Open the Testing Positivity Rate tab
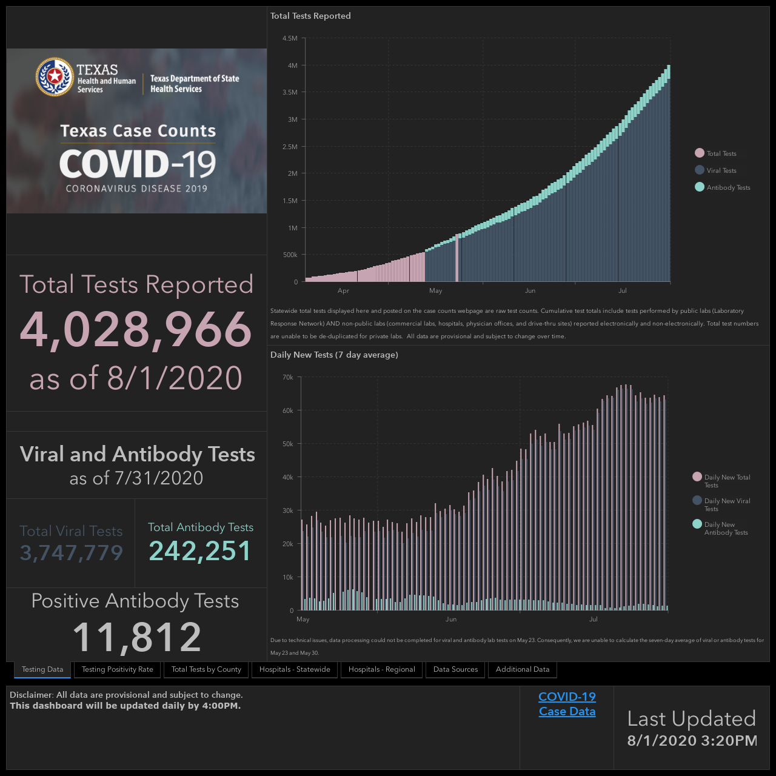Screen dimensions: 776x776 117,669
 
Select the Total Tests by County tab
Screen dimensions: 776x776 206,669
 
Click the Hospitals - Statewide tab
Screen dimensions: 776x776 295,669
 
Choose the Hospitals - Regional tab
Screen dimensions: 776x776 381,669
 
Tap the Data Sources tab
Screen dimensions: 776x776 455,669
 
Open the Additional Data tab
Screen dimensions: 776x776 523,669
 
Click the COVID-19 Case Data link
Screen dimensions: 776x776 567,704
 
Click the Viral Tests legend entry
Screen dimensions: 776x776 716,170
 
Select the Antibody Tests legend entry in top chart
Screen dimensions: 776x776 723,187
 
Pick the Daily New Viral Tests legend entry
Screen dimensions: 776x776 721,504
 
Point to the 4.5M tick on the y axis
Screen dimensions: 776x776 290,38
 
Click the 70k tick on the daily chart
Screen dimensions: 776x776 288,377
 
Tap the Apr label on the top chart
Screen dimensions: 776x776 343,290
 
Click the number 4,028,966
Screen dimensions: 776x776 136,329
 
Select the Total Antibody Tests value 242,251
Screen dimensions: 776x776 200,550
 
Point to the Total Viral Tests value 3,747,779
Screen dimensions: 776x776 72,552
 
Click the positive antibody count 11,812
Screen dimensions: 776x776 136,637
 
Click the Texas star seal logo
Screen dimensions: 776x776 55,77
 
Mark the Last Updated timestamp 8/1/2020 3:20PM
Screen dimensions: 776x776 692,741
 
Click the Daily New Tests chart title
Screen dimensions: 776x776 334,355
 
